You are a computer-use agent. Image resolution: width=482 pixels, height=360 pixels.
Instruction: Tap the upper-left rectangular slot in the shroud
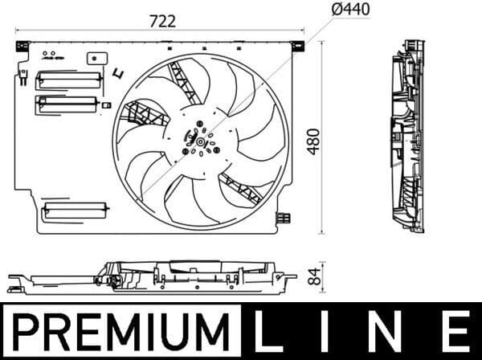point(69,79)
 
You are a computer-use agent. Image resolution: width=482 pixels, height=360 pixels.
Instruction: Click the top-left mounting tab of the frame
point(22,46)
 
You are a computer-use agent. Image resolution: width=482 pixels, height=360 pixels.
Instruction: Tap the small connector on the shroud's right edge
point(282,217)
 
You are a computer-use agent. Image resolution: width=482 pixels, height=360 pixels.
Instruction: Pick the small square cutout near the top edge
point(97,58)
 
